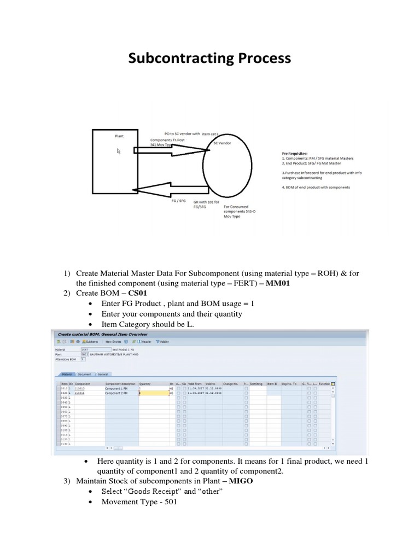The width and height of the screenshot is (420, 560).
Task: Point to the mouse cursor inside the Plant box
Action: point(119,151)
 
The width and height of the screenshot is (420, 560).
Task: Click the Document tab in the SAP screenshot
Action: point(84,375)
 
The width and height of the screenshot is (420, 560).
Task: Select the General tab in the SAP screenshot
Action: point(102,375)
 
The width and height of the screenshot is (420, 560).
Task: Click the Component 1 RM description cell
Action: point(116,389)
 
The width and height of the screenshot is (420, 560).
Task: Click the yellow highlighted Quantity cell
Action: point(153,393)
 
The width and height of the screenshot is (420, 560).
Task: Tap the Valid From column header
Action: point(195,384)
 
